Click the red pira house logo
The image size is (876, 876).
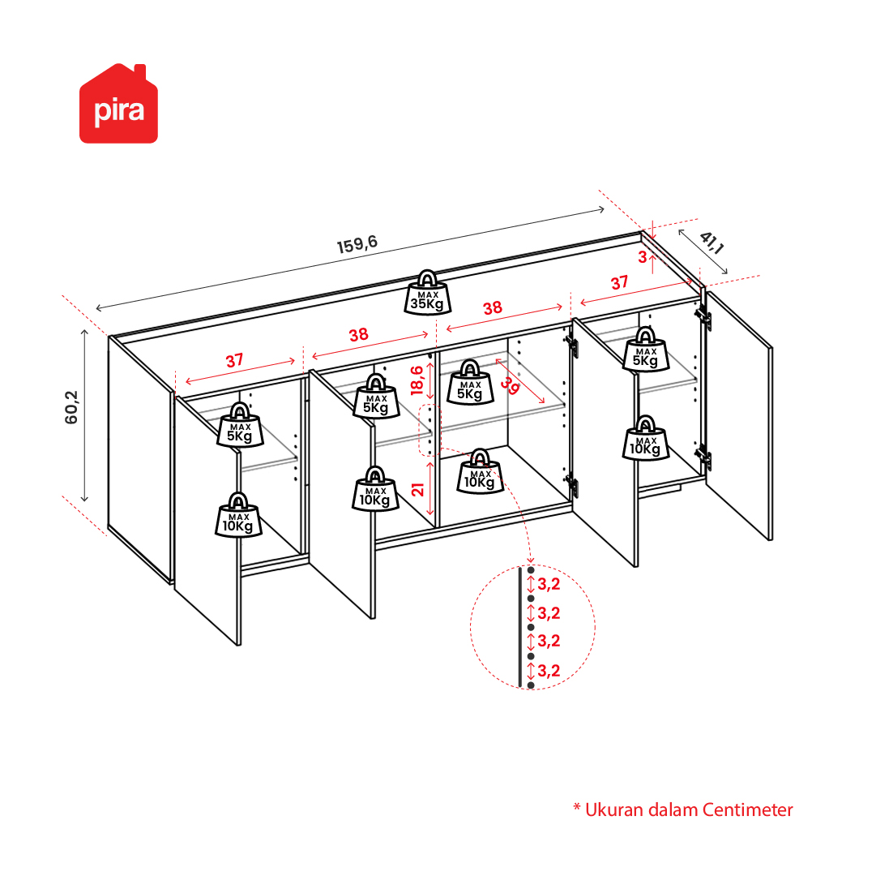[118, 104]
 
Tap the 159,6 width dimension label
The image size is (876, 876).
[357, 244]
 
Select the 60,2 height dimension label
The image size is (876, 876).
[72, 407]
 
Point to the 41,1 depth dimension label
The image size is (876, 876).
[711, 243]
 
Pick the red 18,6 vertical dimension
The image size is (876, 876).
[417, 380]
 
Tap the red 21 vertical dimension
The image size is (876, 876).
[418, 490]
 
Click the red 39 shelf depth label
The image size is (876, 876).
[509, 385]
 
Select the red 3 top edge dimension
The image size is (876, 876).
[643, 257]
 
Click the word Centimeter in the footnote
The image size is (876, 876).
[747, 809]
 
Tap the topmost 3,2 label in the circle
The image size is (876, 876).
[549, 584]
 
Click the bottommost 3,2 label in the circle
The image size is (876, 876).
[549, 670]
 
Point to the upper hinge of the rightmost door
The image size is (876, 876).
[703, 317]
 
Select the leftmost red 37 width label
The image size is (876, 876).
[235, 361]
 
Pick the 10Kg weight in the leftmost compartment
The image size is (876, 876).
[238, 515]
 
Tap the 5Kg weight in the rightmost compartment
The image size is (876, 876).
[646, 350]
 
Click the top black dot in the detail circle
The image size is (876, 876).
[531, 570]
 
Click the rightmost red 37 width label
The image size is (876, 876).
[619, 283]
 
